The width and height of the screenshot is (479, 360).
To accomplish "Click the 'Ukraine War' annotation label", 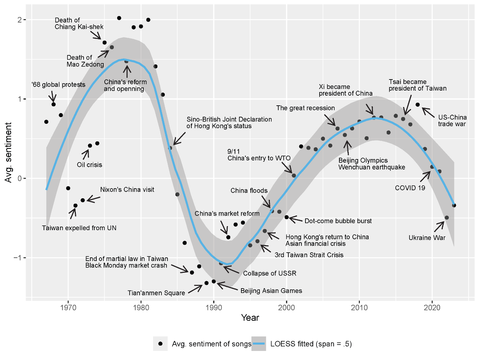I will coord(427,238).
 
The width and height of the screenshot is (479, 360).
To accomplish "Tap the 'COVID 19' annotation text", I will coord(410,188).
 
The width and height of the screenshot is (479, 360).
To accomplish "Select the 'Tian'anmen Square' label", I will coord(156,293).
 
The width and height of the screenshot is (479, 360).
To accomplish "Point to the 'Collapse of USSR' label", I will coord(270,273).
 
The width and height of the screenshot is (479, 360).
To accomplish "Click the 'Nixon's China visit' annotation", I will coord(127,190).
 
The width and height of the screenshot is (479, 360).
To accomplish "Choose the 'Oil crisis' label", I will coord(89,165).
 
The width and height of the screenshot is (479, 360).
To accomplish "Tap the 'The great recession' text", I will coord(305,108).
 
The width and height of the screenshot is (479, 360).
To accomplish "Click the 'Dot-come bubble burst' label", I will coord(338,221).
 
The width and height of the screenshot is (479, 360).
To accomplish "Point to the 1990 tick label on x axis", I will coord(214,307).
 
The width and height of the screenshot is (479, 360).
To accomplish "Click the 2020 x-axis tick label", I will coord(432,307).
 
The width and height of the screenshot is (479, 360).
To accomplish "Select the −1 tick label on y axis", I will coord(17,258).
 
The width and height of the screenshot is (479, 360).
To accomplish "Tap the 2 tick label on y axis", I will coord(19,20).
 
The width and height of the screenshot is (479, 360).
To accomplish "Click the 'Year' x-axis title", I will coord(250,318).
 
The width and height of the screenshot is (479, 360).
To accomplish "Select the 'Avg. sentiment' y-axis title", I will coord(8,152).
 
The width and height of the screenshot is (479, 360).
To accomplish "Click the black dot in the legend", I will coord(160,344).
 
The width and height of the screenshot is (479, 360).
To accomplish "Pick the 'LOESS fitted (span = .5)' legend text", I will coord(311,344).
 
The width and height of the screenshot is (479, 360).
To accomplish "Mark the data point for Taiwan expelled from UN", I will coord(76,206).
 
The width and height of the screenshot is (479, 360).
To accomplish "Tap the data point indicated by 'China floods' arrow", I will coord(272,211).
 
